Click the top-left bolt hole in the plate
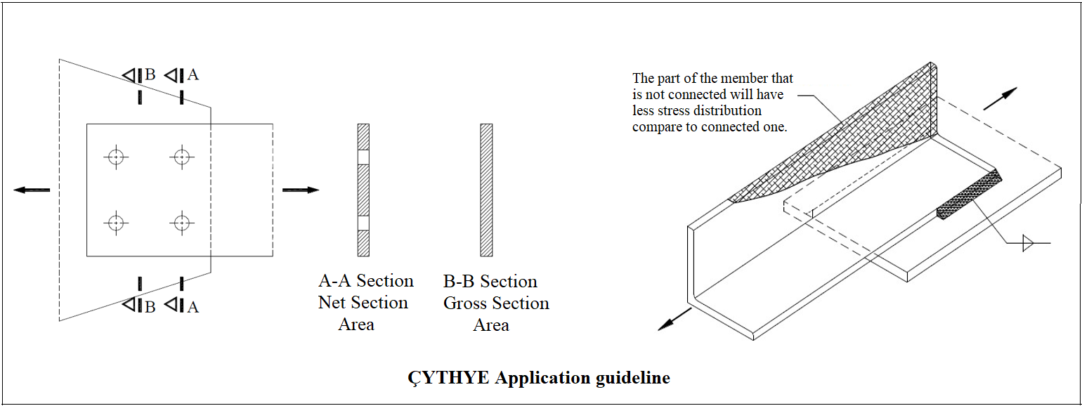[116, 156]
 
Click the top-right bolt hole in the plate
[182, 156]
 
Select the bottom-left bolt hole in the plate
[116, 223]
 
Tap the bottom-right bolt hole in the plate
[182, 223]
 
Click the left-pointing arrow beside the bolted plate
[32, 190]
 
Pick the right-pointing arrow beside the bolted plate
[301, 190]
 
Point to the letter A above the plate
[193, 74]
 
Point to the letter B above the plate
[150, 74]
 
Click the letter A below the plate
[193, 306]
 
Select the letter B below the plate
[150, 306]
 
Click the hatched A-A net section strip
[363, 190]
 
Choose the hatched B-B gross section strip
[486, 190]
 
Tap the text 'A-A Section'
[366, 281]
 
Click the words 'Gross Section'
[496, 303]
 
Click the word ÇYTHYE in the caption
[448, 378]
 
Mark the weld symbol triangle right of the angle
[1028, 244]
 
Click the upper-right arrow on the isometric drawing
[1000, 99]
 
